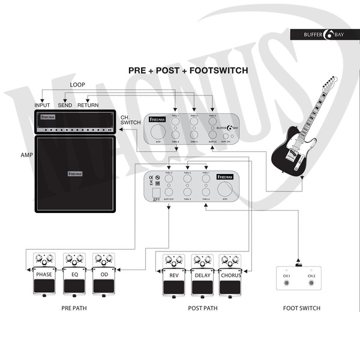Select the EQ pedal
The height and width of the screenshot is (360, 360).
[x=74, y=277]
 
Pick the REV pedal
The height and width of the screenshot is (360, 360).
[x=173, y=277]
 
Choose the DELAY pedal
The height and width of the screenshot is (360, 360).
[x=202, y=277]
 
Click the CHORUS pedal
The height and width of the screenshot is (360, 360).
[x=231, y=277]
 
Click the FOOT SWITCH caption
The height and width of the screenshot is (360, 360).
[x=301, y=308]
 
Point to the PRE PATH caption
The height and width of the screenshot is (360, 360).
[x=75, y=308]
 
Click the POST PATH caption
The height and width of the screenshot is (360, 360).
[x=202, y=308]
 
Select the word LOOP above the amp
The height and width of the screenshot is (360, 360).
[x=77, y=85]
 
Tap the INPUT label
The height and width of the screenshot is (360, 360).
[x=42, y=105]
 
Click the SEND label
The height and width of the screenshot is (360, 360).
[x=65, y=105]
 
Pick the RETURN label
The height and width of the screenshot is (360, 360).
[x=88, y=105]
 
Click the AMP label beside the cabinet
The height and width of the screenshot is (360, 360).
[x=25, y=155]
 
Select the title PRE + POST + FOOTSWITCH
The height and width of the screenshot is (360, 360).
[x=188, y=70]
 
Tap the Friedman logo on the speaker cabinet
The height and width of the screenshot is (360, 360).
[x=75, y=174]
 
